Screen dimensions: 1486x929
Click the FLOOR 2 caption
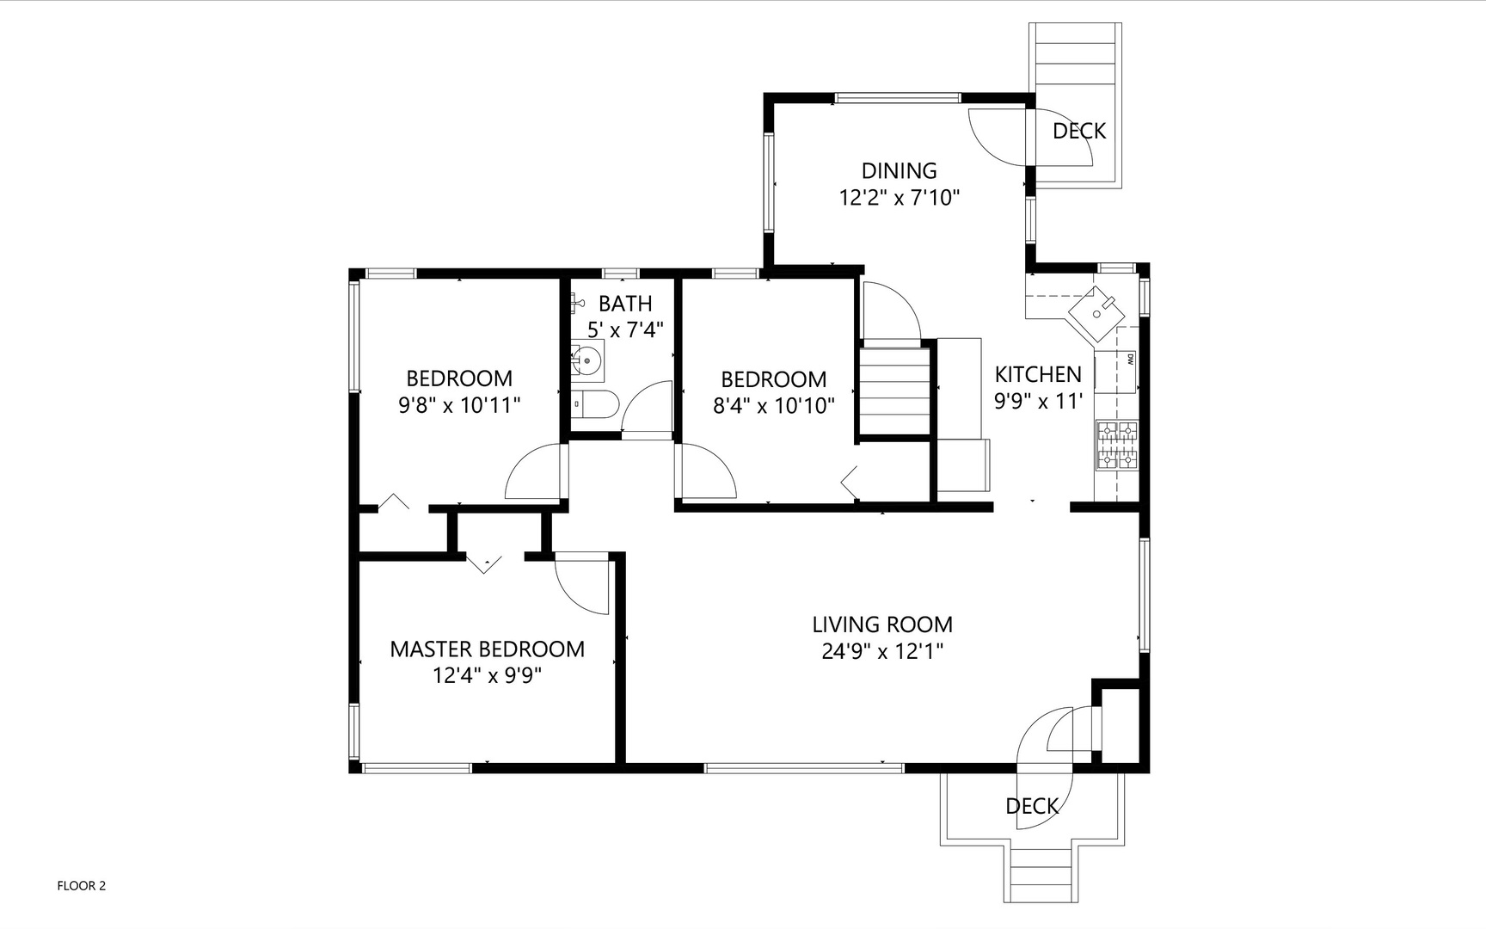[x=81, y=886]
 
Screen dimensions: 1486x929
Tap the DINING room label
[x=900, y=170]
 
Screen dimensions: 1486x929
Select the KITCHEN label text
[x=1038, y=374]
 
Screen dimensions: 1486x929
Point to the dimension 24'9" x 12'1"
[x=882, y=651]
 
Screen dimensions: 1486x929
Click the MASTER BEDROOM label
[x=488, y=649]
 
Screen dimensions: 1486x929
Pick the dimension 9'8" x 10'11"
[x=459, y=405]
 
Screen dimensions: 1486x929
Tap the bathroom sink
[x=587, y=361]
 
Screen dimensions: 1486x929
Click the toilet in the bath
[x=595, y=404]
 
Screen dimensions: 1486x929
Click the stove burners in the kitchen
[x=1117, y=446]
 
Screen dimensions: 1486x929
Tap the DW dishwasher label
[x=1129, y=360]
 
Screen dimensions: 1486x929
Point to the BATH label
[x=625, y=304]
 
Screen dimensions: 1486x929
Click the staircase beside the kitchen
[x=895, y=389]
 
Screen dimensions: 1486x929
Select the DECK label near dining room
[x=1079, y=131]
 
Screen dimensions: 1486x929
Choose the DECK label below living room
[x=1032, y=806]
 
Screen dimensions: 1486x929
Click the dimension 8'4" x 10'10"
[x=774, y=406]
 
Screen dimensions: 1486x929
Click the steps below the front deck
[x=1041, y=872]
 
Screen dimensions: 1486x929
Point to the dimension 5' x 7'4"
[x=625, y=329]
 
